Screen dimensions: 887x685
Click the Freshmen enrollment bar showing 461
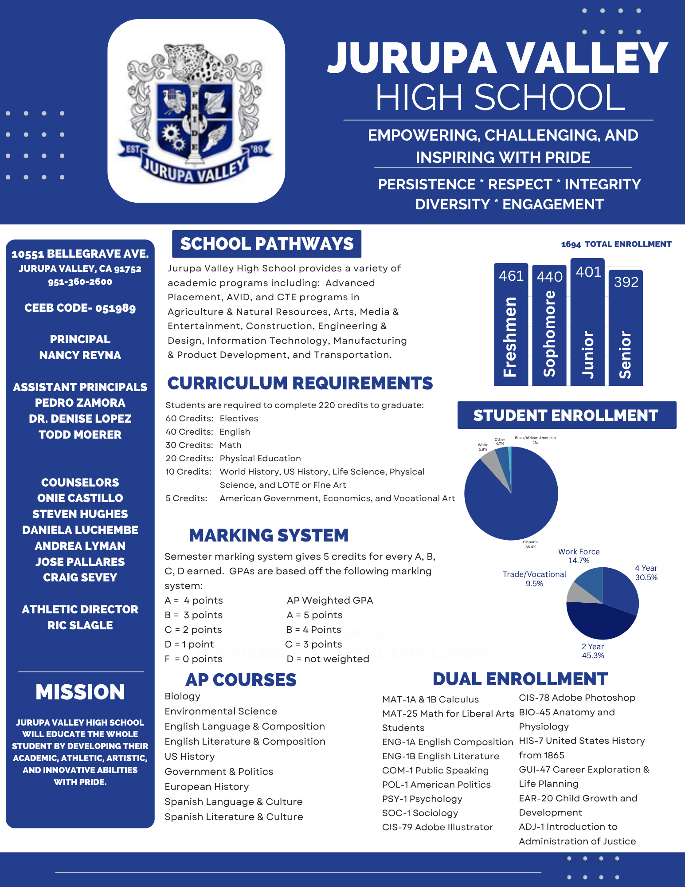pyautogui.click(x=511, y=324)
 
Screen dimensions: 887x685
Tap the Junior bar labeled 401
pyautogui.click(x=587, y=322)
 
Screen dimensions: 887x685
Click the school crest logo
pyautogui.click(x=196, y=111)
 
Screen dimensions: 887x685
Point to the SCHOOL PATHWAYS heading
pyautogui.click(x=266, y=244)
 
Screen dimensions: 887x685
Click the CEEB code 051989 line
pyautogui.click(x=80, y=308)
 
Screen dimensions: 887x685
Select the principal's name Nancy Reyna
pyautogui.click(x=80, y=355)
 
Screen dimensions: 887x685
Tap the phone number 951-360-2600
pyautogui.click(x=80, y=282)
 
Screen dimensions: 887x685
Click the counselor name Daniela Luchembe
pyautogui.click(x=80, y=530)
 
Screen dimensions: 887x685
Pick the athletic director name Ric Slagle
pyautogui.click(x=80, y=625)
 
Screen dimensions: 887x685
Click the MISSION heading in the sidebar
pyautogui.click(x=80, y=692)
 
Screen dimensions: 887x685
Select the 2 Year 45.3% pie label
pyautogui.click(x=593, y=651)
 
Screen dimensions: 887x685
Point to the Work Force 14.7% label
pyautogui.click(x=579, y=556)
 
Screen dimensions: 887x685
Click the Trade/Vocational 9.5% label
pyautogui.click(x=534, y=579)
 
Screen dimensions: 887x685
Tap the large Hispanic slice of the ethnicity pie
pyautogui.click(x=514, y=506)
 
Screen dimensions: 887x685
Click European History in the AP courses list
pyautogui.click(x=207, y=787)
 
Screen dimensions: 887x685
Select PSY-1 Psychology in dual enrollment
pyautogui.click(x=422, y=799)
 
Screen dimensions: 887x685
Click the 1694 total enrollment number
pyautogui.click(x=571, y=244)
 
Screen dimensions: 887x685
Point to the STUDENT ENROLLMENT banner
pyautogui.click(x=566, y=416)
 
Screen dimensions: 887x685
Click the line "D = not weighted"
pyautogui.click(x=328, y=659)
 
